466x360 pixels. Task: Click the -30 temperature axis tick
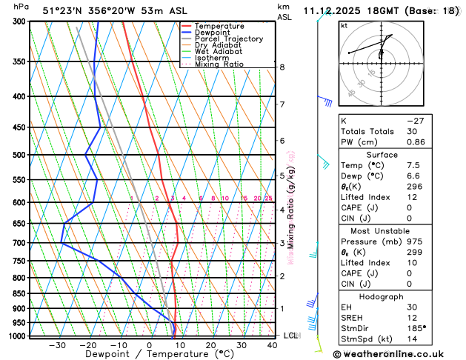click(57, 345)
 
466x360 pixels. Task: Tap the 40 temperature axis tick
click(273, 345)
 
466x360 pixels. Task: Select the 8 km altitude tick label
click(282, 67)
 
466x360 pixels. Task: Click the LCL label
click(290, 336)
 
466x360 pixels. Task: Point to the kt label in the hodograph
click(344, 25)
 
